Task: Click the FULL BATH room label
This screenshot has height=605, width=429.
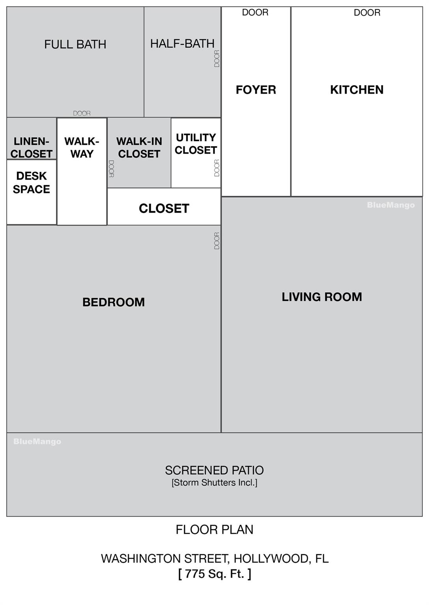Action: pos(75,44)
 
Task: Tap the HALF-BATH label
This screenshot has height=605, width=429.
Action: pos(182,43)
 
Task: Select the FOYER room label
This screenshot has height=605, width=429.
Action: pos(256,90)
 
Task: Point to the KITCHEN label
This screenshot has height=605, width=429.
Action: pos(357,90)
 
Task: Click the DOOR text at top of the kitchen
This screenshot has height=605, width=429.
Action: pos(367,13)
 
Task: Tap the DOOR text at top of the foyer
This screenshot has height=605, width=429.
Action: pos(255,13)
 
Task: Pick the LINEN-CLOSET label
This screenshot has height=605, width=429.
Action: pos(32,147)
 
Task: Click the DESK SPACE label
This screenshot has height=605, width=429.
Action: pos(32,183)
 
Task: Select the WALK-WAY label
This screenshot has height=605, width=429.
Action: pos(82,147)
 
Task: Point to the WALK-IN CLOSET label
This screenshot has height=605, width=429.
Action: pos(139,147)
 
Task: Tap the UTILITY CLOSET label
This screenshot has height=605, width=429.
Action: pos(196,144)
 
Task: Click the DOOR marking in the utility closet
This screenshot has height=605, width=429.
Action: pos(217,168)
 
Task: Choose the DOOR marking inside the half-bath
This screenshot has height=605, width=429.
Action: pos(217,59)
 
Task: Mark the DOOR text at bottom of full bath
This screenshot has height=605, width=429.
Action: pos(82,113)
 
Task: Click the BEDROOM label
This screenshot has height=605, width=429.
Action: pos(114,302)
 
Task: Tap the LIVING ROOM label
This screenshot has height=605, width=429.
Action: pos(322,297)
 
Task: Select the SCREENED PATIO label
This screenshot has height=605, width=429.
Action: pos(214,470)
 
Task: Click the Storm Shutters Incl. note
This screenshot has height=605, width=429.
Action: pos(214,483)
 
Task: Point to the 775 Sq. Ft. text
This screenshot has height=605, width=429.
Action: pos(214,573)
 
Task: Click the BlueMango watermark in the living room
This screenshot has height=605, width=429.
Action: pos(391,205)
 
